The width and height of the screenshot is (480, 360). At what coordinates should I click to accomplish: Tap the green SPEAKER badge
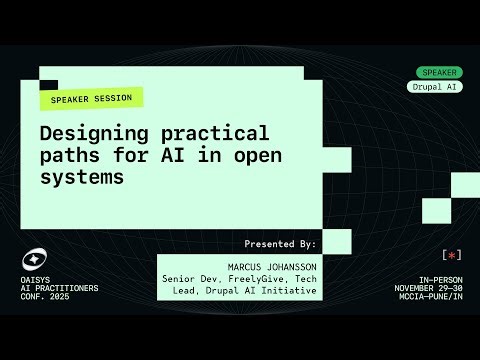pyautogui.click(x=439, y=72)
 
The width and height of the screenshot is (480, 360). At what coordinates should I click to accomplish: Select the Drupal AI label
pyautogui.click(x=439, y=87)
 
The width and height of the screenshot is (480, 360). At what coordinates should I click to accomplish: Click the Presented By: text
pyautogui.click(x=280, y=243)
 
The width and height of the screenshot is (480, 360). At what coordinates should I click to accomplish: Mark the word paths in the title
pyautogui.click(x=67, y=156)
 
